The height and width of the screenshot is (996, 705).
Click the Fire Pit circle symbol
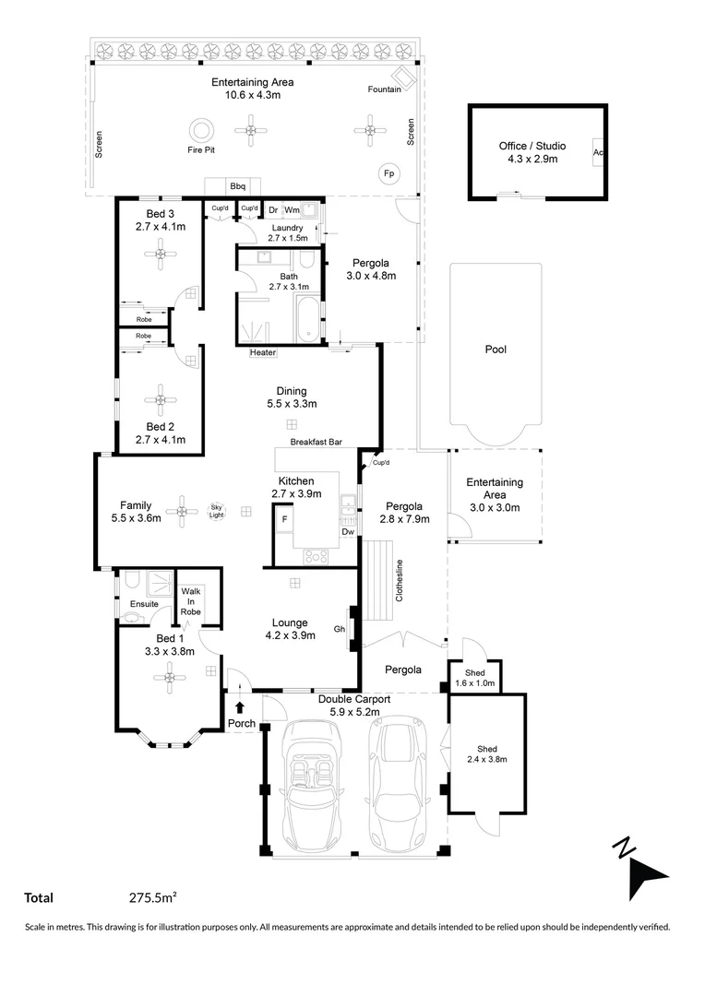coord(199,129)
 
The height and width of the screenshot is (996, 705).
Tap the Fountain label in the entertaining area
coord(384,89)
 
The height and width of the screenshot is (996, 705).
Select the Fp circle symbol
coord(387,173)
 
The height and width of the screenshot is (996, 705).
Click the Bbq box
coord(237,185)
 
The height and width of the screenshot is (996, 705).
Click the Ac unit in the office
coord(598,152)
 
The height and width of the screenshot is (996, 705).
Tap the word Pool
coord(496,350)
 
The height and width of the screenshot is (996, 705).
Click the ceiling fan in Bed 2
coord(161,399)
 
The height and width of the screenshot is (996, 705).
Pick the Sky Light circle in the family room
coord(217,510)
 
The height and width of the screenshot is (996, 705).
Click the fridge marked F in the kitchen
coord(284,520)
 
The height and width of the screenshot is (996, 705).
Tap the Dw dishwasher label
coord(347,531)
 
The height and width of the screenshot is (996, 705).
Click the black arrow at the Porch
coord(240,707)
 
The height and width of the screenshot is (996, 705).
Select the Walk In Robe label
coord(191,600)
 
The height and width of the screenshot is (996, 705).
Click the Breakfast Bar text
coord(316,444)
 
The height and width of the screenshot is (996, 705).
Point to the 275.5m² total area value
coord(153,897)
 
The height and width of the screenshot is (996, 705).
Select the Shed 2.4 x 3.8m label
coord(486,754)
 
